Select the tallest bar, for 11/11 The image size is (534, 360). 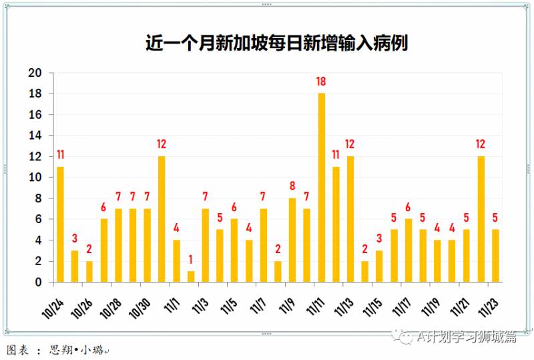(321, 188)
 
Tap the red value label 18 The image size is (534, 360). (321, 82)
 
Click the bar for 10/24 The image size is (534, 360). (60, 224)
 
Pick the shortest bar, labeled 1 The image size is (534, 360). (191, 276)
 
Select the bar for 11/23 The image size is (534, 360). (495, 255)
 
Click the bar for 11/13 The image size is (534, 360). (350, 219)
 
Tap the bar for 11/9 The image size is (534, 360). (292, 240)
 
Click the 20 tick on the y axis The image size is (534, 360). (35, 73)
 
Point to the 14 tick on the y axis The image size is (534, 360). (35, 136)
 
